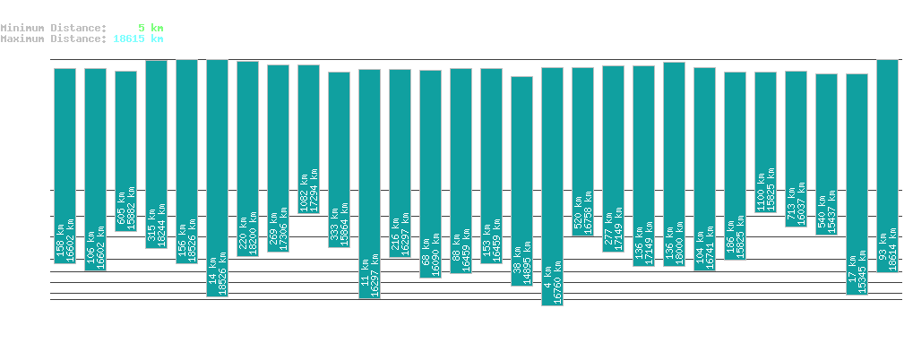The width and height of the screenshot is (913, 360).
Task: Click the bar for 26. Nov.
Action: click(552, 186)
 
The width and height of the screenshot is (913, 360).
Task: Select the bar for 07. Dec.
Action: click(887, 166)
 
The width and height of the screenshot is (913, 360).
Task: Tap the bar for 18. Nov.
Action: click(308, 139)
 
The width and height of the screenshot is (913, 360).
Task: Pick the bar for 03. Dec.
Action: click(765, 141)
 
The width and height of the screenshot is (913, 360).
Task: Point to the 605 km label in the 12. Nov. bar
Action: click(120, 214)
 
